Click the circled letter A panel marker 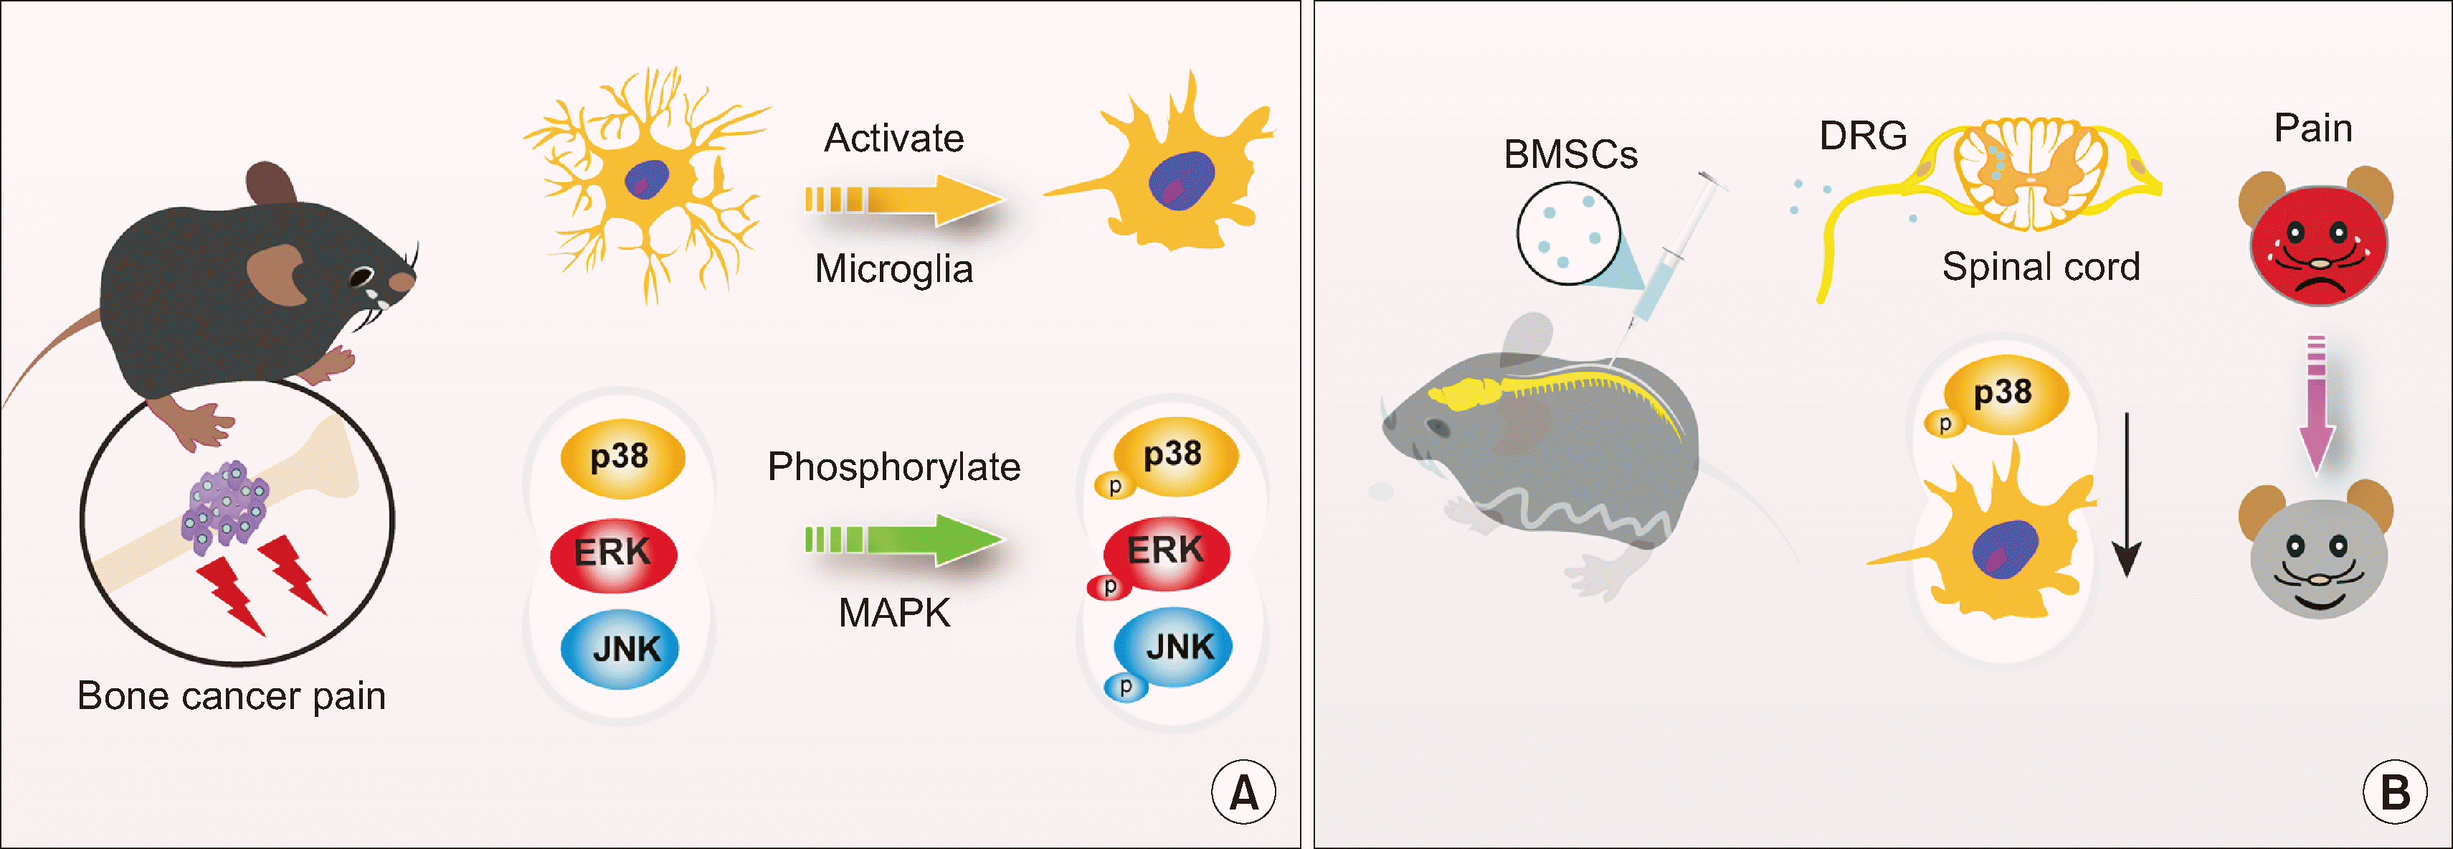pyautogui.click(x=1243, y=792)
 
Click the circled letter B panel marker pyautogui.click(x=2395, y=792)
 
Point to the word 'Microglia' pyautogui.click(x=893, y=268)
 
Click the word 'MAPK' pyautogui.click(x=893, y=613)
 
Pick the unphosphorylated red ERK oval pyautogui.click(x=615, y=553)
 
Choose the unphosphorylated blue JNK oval pyautogui.click(x=620, y=649)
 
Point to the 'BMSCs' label pyautogui.click(x=1570, y=155)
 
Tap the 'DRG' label pyautogui.click(x=1863, y=136)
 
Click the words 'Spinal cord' pyautogui.click(x=2041, y=267)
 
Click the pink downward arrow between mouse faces pyautogui.click(x=2316, y=405)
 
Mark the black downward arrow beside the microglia pyautogui.click(x=2126, y=495)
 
